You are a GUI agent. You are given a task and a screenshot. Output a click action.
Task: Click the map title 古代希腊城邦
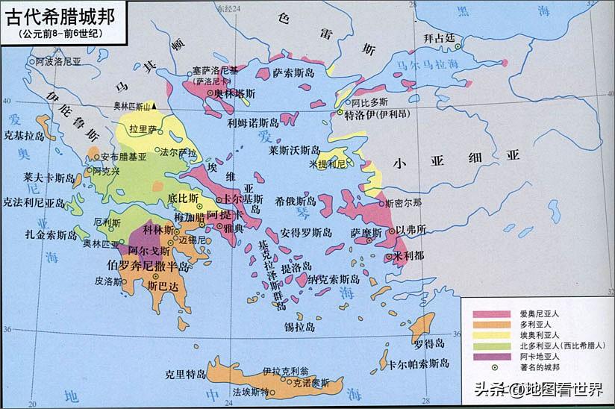[61, 16]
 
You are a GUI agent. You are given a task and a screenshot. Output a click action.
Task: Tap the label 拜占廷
[438, 38]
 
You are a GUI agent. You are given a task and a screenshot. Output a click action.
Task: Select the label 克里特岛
[184, 374]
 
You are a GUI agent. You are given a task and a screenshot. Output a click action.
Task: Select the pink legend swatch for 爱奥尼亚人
[485, 313]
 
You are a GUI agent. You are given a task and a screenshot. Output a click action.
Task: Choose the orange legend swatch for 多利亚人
[485, 326]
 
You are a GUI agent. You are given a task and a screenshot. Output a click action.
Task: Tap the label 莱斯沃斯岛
[294, 150]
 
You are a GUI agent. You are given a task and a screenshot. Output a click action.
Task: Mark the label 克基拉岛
[20, 137]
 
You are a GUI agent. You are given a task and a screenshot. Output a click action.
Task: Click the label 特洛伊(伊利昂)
[372, 116]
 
